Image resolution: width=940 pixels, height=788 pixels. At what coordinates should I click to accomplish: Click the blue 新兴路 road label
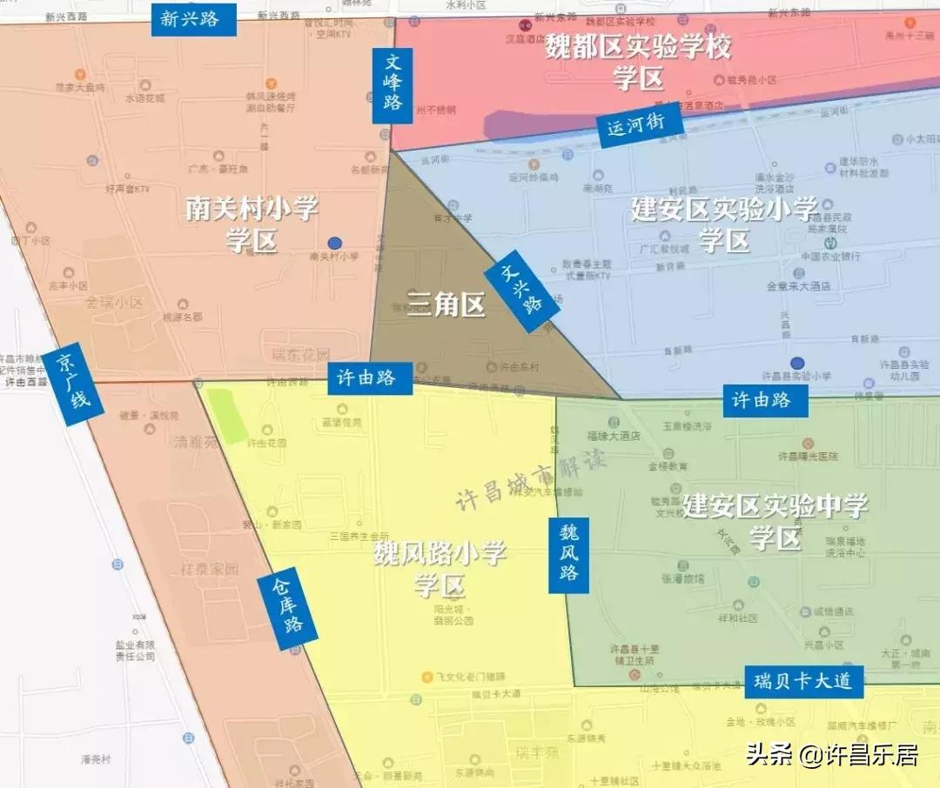click(194, 18)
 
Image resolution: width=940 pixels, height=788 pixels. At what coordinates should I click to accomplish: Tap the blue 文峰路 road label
click(393, 85)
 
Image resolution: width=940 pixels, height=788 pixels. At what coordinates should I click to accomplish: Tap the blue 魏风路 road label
click(568, 555)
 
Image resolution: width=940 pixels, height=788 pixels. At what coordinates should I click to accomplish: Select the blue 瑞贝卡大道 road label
click(803, 681)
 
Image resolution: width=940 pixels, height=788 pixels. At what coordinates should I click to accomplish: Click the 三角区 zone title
click(446, 305)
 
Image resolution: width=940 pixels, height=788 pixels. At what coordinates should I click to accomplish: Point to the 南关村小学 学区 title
click(252, 224)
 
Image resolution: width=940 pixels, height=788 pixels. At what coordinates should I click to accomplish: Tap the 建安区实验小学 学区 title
click(724, 224)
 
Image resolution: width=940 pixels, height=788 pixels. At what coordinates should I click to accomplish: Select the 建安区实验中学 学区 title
click(775, 520)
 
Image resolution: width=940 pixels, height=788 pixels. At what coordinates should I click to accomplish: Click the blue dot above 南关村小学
click(335, 243)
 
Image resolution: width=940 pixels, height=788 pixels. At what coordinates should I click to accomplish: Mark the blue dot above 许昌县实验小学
click(797, 363)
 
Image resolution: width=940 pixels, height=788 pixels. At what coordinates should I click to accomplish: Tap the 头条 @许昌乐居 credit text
click(832, 754)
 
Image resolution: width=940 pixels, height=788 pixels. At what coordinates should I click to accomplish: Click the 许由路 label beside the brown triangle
click(370, 378)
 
